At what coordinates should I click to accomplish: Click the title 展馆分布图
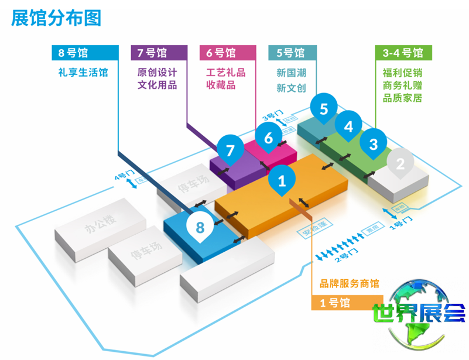pyautogui.click(x=56, y=18)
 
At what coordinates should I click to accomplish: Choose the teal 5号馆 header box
pyautogui.click(x=292, y=53)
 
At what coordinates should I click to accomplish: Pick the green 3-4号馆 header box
pyautogui.click(x=403, y=53)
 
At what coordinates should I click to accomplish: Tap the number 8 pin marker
pyautogui.click(x=200, y=227)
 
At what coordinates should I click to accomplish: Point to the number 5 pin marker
pyautogui.click(x=324, y=108)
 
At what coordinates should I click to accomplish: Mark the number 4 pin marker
pyautogui.click(x=348, y=126)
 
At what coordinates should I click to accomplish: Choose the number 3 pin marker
pyautogui.click(x=374, y=143)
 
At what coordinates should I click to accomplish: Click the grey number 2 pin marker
pyautogui.click(x=400, y=163)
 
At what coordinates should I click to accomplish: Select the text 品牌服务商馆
pyautogui.click(x=349, y=284)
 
